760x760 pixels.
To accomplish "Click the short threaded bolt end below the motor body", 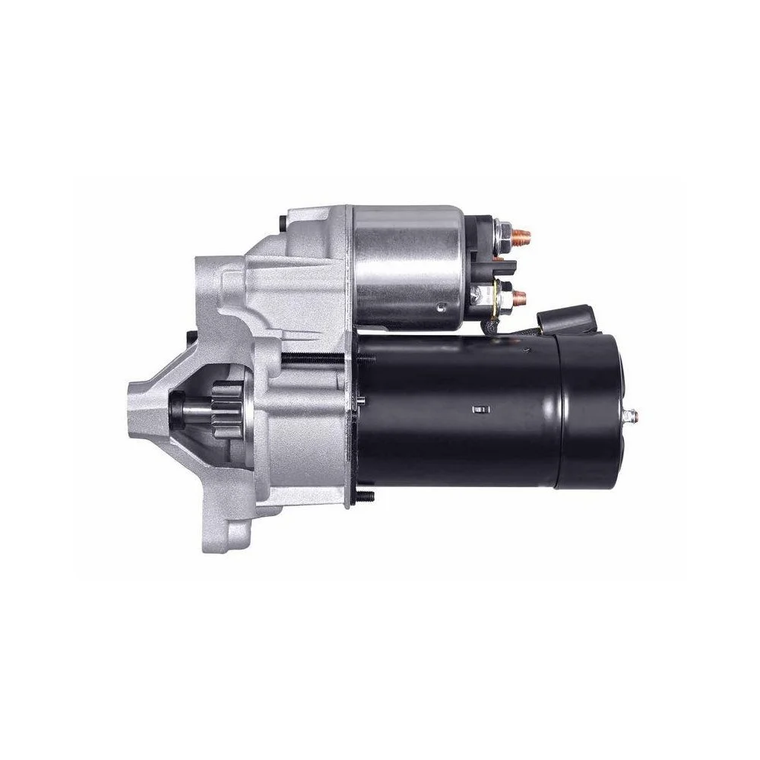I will [365, 497].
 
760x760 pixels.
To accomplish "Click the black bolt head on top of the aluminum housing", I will [283, 223].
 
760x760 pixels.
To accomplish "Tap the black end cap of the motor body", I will [589, 414].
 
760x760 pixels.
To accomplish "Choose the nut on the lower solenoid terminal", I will [502, 293].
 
